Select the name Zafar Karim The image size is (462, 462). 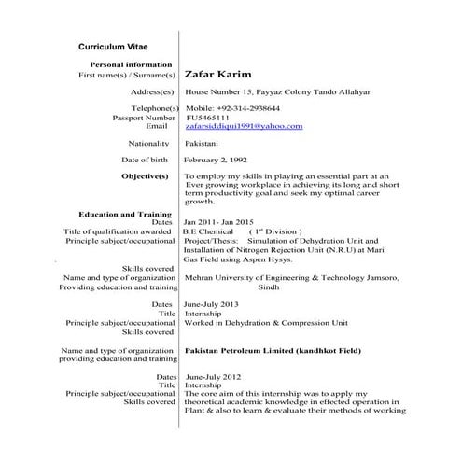coord(219,74)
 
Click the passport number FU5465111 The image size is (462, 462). coord(209,118)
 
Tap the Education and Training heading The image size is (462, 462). coord(125,215)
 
